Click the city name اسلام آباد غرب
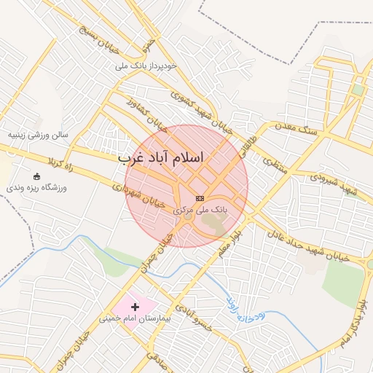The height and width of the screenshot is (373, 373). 162,158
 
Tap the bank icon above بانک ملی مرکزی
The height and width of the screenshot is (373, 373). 200,198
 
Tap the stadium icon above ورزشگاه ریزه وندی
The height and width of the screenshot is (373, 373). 37,176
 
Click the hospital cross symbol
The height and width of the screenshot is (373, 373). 135,307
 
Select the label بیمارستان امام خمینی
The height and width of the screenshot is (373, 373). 135,319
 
